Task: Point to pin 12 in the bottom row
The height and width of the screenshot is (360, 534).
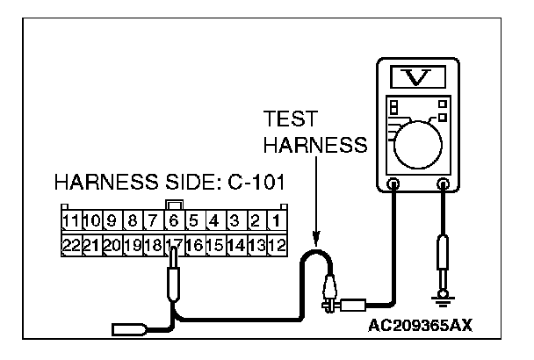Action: pos(277,246)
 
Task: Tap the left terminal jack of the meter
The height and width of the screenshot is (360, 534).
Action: pos(393,185)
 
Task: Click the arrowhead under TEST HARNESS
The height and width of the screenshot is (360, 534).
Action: pos(315,236)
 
